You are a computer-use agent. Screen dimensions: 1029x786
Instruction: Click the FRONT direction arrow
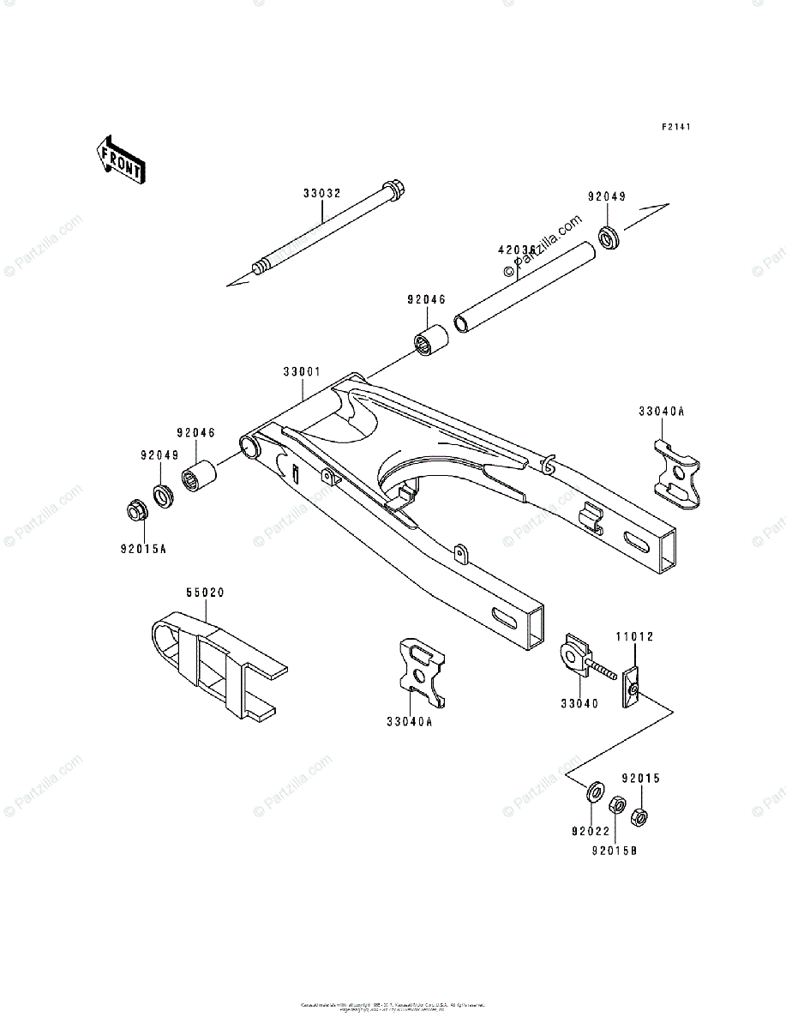pyautogui.click(x=119, y=159)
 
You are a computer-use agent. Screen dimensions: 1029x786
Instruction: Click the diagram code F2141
pyautogui.click(x=675, y=127)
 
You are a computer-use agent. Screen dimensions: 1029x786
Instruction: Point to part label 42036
pyautogui.click(x=517, y=250)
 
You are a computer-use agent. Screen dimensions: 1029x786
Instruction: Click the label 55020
pyautogui.click(x=205, y=593)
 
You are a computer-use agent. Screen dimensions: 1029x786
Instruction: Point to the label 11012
pyautogui.click(x=633, y=637)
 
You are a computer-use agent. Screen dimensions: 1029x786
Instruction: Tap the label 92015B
pyautogui.click(x=615, y=851)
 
